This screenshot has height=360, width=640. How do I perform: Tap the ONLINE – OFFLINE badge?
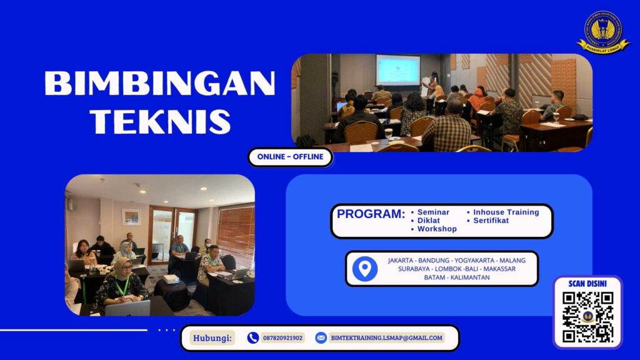click(x=290, y=157)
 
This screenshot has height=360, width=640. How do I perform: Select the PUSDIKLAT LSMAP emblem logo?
click(x=602, y=31)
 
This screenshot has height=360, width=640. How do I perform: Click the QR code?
click(x=587, y=317)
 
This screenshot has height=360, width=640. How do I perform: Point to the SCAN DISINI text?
click(x=587, y=283)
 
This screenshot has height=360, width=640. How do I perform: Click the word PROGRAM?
click(x=371, y=214)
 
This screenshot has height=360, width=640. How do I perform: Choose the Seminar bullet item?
click(x=433, y=212)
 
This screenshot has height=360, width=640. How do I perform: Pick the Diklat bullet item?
click(x=429, y=221)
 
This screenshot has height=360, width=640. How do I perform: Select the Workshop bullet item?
click(x=437, y=229)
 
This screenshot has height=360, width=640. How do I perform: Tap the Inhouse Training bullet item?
click(x=506, y=212)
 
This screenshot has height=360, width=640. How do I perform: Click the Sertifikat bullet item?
click(x=491, y=221)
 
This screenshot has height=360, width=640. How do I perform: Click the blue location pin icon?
click(x=364, y=269)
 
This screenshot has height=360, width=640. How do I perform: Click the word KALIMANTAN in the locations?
click(x=469, y=277)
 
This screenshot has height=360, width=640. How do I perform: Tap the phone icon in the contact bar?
click(x=252, y=338)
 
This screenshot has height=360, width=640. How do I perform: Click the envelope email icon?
click(x=321, y=338)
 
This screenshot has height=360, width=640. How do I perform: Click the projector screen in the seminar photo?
click(x=398, y=69)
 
